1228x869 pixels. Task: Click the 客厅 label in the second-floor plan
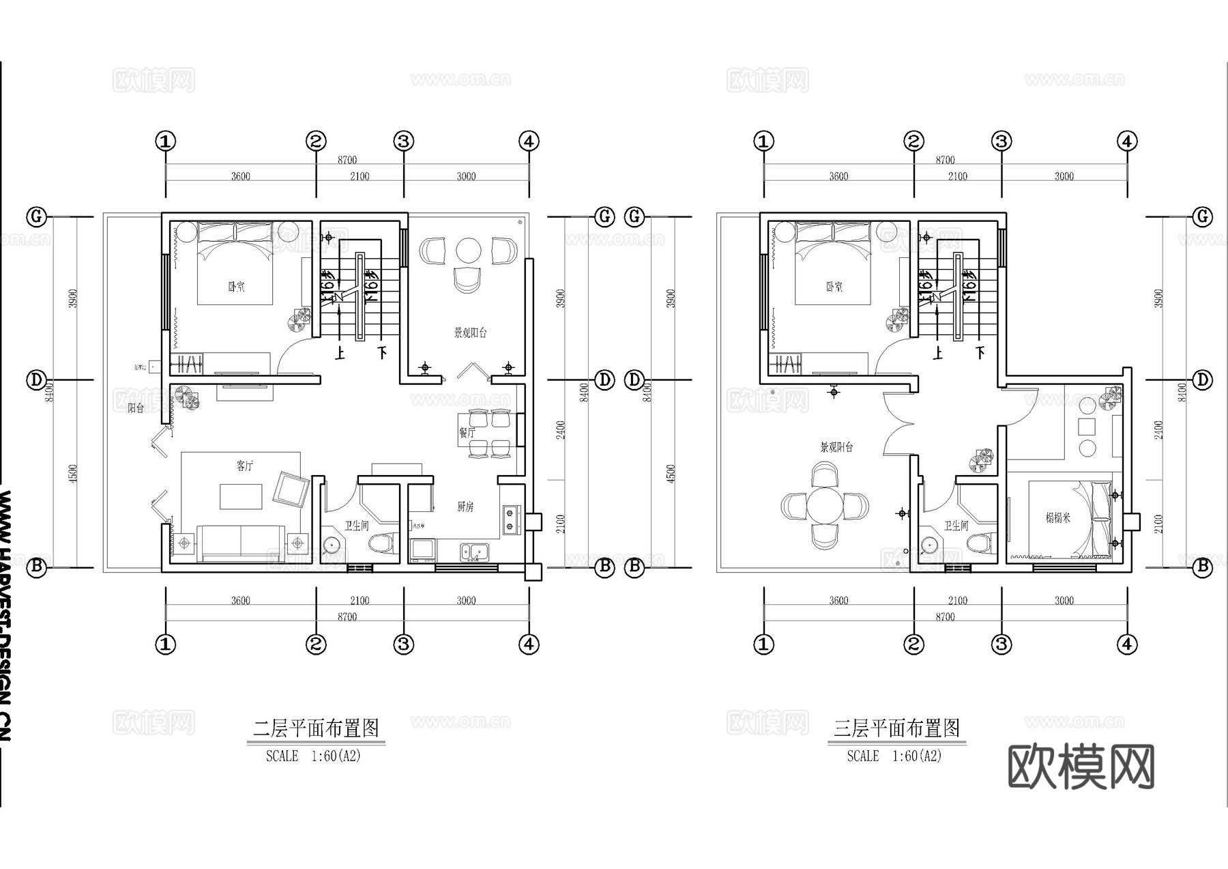pos(244,466)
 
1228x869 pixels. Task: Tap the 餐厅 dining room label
pos(467,433)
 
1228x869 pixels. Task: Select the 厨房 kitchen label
pos(465,507)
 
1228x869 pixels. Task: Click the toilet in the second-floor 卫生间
pos(381,544)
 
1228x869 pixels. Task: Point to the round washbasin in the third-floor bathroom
pos(929,545)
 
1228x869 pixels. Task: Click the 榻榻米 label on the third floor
pos(1057,518)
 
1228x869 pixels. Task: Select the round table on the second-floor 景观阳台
pos(469,251)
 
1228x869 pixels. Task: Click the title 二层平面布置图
pos(316,728)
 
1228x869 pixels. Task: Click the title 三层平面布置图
pos(896,728)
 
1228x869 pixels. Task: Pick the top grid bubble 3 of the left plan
pos(404,142)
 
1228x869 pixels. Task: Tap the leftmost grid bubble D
pos(36,380)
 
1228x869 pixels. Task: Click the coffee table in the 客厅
pos(241,496)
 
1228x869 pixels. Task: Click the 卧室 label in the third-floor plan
pos(834,287)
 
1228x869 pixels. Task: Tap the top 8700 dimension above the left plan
pos(347,160)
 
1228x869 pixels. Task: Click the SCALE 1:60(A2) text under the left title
pos(313,756)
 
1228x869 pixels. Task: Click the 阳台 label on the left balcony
pos(136,408)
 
